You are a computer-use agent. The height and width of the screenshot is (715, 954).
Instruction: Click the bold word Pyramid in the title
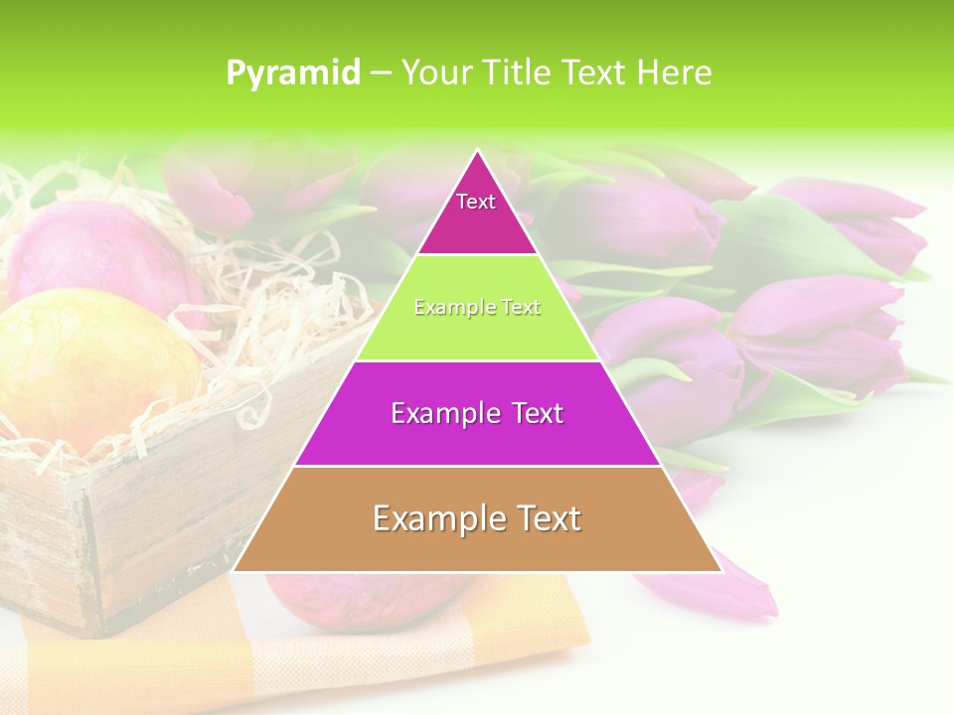click(293, 72)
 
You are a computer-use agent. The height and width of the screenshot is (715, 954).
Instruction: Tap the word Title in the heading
click(521, 72)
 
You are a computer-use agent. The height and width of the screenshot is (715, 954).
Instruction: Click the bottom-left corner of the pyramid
click(235, 570)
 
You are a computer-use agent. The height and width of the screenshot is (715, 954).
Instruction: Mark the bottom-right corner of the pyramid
click(720, 570)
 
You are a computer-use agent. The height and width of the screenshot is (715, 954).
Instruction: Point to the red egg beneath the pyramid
click(358, 606)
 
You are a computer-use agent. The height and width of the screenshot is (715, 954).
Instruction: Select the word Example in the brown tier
click(430, 519)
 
